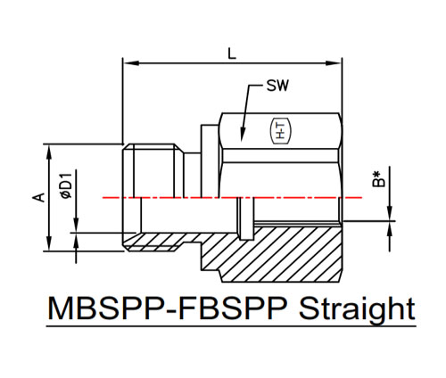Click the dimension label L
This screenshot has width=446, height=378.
coord(232,53)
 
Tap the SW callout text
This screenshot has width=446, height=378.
coord(277,86)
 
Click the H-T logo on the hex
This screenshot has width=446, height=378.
coord(280,131)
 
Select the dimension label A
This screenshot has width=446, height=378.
coord(38,197)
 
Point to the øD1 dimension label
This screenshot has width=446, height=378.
coord(66,185)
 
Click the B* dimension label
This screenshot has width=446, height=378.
coord(378,178)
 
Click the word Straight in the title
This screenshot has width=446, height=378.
coord(357,309)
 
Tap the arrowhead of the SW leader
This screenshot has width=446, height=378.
coord(243,135)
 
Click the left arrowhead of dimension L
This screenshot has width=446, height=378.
coord(131,63)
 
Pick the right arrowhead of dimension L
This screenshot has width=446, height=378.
coord(334,63)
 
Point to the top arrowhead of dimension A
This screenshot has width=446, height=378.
coord(49,152)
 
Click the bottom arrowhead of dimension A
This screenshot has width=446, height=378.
coord(49,243)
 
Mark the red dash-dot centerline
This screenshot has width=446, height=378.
coord(232,197)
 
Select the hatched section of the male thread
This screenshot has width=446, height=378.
coord(161,242)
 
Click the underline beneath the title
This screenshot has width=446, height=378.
coord(231,326)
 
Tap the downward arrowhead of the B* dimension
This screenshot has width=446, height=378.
coord(390,214)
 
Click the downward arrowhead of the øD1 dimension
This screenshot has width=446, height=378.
coord(76,226)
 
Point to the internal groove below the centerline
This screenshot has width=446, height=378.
coord(246,218)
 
